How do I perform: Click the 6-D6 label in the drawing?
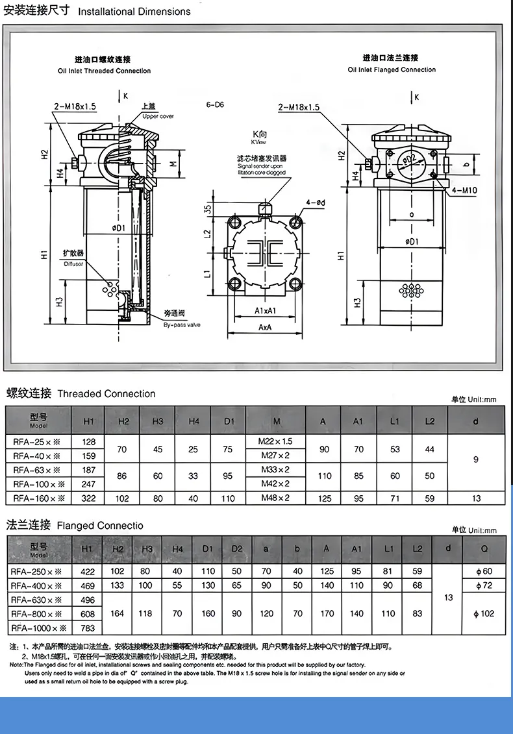[x=214, y=104]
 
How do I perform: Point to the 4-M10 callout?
[x=464, y=190]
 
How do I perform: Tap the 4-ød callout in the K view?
[x=316, y=203]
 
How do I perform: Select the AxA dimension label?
[x=264, y=328]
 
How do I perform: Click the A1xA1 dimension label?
[x=265, y=311]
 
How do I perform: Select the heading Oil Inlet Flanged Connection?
[x=392, y=69]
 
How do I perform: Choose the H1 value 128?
[x=89, y=441]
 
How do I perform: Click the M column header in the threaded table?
[x=277, y=421]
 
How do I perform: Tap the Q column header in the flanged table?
[x=484, y=550]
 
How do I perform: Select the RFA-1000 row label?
[x=39, y=628]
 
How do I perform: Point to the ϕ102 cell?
[x=484, y=613]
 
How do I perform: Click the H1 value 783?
[x=88, y=628]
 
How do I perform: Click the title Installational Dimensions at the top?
[x=134, y=11]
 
